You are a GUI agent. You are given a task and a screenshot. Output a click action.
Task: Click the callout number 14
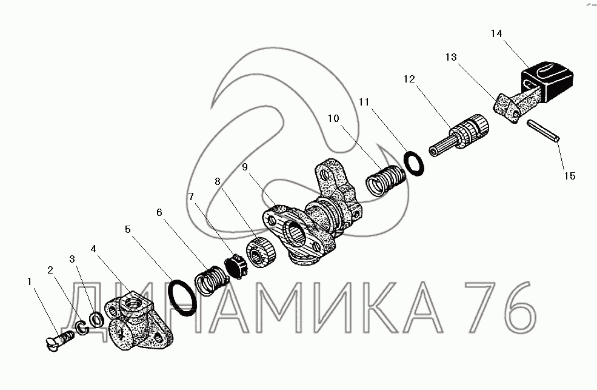click(496, 33)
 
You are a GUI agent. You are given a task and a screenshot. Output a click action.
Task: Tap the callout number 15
click(570, 176)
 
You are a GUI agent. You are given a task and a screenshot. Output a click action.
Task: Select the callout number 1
click(29, 281)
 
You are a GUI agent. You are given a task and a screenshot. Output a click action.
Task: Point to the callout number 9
click(245, 167)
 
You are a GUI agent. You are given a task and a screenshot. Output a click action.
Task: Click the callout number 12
click(409, 79)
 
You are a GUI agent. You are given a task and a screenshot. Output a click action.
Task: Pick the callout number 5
click(128, 229)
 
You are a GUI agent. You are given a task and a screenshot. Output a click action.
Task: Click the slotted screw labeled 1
click(59, 340)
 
